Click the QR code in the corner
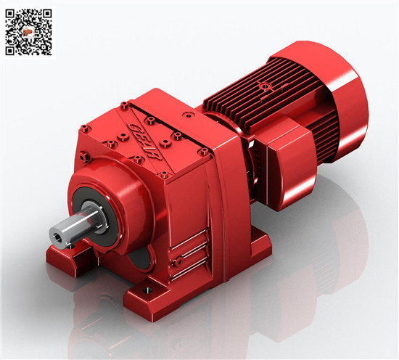(x=28, y=32)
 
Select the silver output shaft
(x=76, y=225)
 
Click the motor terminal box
(x=287, y=163)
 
